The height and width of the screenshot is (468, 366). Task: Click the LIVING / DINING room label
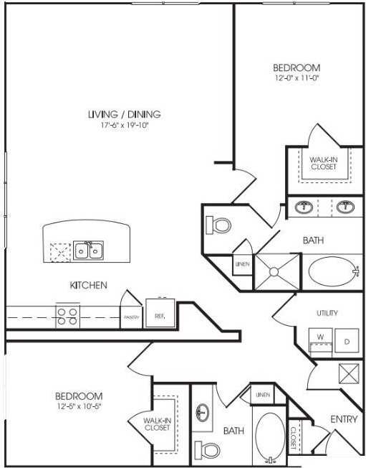124,113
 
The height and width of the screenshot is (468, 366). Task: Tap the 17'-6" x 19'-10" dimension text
124,125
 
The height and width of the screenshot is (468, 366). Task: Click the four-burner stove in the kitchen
67,317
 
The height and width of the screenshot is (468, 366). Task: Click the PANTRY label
131,317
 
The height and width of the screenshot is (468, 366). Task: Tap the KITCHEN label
88,285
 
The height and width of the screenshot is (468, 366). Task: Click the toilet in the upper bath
221,225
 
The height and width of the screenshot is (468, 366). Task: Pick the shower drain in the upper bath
275,271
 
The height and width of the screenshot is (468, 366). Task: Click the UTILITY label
327,314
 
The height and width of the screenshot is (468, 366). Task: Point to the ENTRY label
343,419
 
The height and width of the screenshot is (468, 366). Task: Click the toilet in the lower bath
208,450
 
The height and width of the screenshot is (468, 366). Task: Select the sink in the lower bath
202,413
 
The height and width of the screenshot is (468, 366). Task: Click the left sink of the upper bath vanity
304,207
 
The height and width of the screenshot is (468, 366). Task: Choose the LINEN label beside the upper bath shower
241,264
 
